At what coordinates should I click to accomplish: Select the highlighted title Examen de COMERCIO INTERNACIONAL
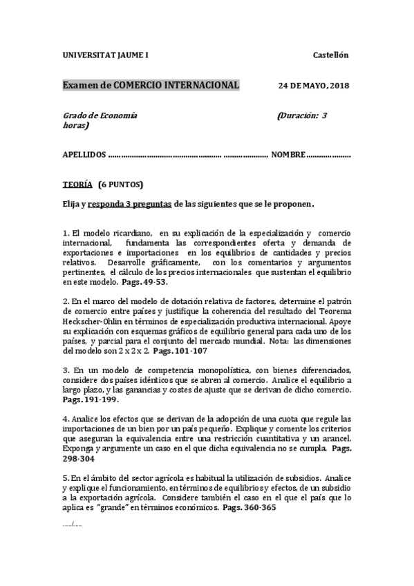[x=151, y=85]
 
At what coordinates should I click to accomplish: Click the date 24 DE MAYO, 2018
[x=314, y=86]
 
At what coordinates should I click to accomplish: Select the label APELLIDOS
[x=84, y=155]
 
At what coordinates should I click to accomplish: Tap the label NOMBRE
[x=288, y=155]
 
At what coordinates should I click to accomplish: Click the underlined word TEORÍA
[x=77, y=185]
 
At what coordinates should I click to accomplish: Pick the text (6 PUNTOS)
[x=120, y=185]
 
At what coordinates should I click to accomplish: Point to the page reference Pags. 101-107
[x=182, y=350]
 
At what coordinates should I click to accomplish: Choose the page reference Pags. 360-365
[x=250, y=507]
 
